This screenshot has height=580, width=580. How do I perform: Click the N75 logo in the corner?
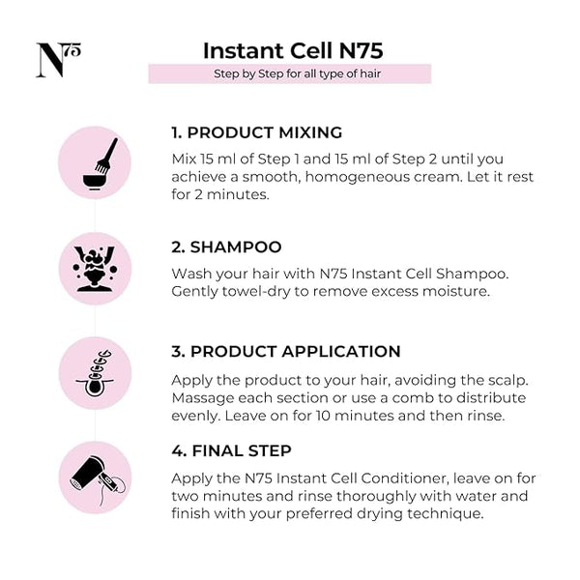point(58,60)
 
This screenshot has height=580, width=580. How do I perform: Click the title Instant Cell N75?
point(293,50)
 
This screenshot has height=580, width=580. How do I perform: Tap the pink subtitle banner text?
point(297,73)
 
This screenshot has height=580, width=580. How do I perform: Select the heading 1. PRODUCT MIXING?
point(257,132)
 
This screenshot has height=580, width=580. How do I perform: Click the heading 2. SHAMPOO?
point(226,247)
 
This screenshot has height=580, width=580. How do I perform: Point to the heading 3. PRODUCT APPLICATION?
point(286,352)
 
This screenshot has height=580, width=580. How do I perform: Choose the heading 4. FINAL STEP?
point(231,450)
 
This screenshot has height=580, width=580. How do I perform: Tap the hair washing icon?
point(95,269)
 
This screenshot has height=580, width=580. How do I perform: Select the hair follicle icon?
point(95,373)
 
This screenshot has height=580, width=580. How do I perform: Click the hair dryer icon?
point(98,480)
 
